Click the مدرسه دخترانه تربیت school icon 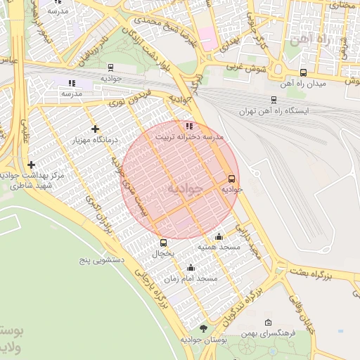pyautogui.click(x=188, y=126)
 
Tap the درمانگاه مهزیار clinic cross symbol pyautogui.click(x=95, y=129)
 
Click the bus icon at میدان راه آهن pyautogui.click(x=303, y=72)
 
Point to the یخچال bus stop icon pyautogui.click(x=163, y=243)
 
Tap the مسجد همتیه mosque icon pyautogui.click(x=219, y=237)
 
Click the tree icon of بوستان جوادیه pyautogui.click(x=203, y=328)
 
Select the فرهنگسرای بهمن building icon pyautogui.click(x=267, y=323)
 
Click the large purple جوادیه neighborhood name pyautogui.click(x=184, y=189)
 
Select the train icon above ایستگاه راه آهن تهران pyautogui.click(x=273, y=101)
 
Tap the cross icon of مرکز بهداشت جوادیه pyautogui.click(x=31, y=165)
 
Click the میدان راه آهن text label pyautogui.click(x=303, y=84)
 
